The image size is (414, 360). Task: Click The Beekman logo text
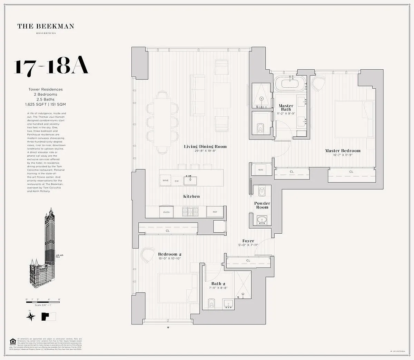[x=46, y=26]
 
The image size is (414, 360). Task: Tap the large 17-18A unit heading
[x=51, y=67]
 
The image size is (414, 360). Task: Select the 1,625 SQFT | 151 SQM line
[x=45, y=104]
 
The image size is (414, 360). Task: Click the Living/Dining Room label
[x=205, y=147]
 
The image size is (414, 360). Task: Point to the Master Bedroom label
[x=343, y=151]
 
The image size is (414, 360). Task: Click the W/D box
[x=260, y=170]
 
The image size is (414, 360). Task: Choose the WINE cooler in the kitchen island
[x=166, y=181]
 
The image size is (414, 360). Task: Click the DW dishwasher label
[x=177, y=181]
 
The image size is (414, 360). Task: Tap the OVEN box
[x=166, y=212]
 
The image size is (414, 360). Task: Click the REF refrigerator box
[x=215, y=212]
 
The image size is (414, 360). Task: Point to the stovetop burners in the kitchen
[x=189, y=212]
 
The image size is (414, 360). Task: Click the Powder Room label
[x=262, y=205]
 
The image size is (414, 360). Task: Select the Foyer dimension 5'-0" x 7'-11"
[x=248, y=245]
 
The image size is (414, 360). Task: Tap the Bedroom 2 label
[x=170, y=254]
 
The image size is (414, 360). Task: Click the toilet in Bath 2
[x=212, y=303]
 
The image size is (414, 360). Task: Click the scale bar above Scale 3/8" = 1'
[x=43, y=302]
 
